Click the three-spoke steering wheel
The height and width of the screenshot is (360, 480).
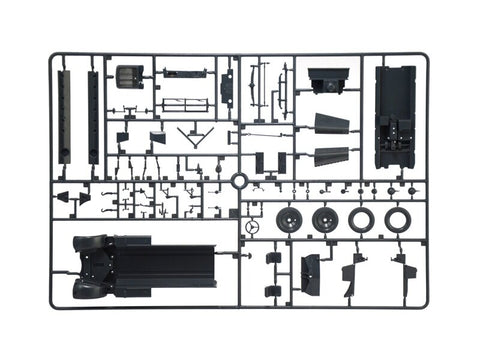[254, 228]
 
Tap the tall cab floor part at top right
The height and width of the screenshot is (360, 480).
[394, 116]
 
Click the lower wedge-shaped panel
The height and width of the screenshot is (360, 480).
[329, 156]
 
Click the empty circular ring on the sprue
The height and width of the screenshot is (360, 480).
[239, 181]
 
